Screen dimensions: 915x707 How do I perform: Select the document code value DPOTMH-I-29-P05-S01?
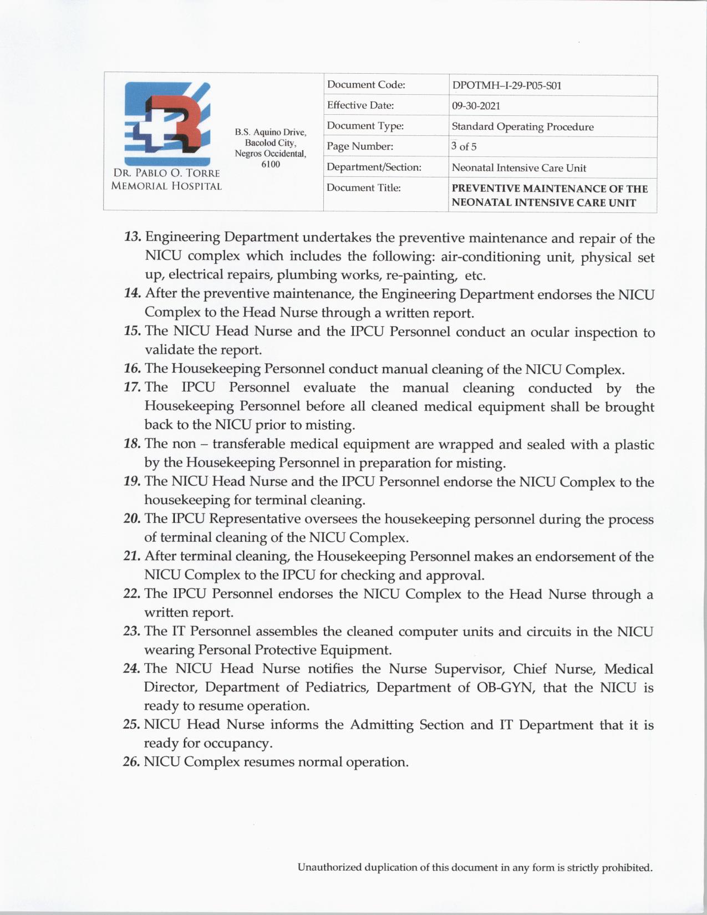(507, 86)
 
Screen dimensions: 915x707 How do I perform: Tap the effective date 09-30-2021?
(476, 106)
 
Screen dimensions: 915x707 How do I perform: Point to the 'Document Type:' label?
(365, 126)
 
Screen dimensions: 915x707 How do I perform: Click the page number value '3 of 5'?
(464, 146)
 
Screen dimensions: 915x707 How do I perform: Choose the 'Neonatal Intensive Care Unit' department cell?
(518, 167)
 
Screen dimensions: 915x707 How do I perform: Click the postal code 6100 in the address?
(271, 164)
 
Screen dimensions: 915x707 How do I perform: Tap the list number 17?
(133, 387)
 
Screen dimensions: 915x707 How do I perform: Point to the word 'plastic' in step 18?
(634, 445)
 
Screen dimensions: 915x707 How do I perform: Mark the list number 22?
(132, 594)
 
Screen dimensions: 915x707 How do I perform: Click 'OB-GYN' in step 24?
(504, 688)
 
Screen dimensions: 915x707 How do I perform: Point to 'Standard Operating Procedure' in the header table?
(522, 126)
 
